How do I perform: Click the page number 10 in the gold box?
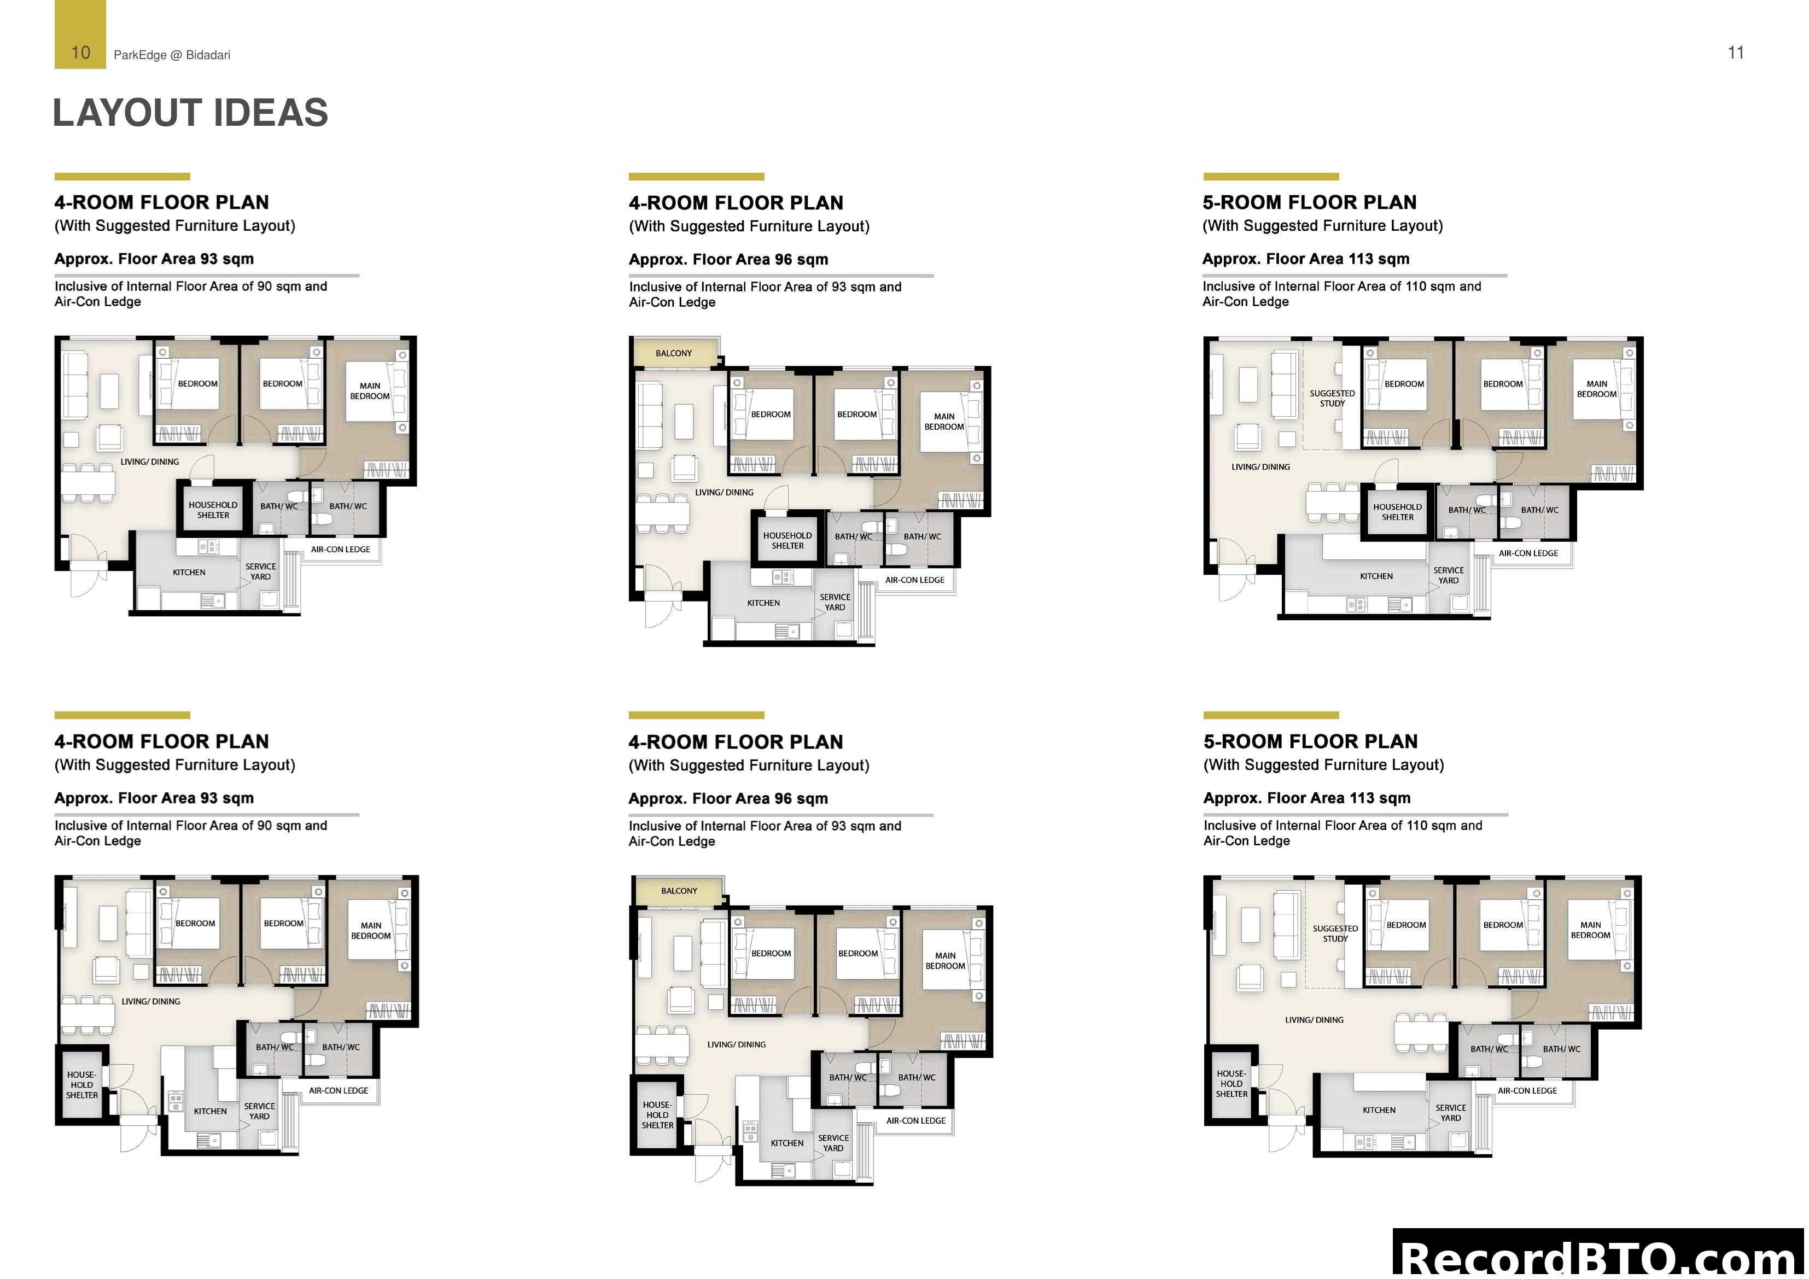[x=80, y=53]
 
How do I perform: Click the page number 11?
[x=1735, y=53]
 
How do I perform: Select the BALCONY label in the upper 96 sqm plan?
[x=674, y=353]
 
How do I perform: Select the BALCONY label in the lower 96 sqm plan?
[x=679, y=891]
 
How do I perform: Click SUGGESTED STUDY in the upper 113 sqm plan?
[x=1332, y=398]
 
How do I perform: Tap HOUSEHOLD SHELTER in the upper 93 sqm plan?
[x=213, y=510]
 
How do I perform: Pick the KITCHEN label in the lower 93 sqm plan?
[x=211, y=1111]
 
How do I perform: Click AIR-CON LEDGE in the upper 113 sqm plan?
[x=1528, y=553]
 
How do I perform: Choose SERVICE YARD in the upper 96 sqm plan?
[x=835, y=602]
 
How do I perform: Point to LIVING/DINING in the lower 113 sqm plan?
[x=1314, y=1020]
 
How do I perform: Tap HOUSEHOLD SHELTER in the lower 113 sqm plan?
[x=1232, y=1084]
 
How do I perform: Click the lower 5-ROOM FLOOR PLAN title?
[x=1310, y=741]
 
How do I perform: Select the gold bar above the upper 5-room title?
[x=1270, y=177]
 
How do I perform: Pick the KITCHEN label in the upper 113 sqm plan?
[x=1376, y=576]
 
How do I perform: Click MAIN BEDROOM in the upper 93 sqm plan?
[x=370, y=391]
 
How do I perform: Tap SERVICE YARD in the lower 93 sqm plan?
[x=259, y=1111]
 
